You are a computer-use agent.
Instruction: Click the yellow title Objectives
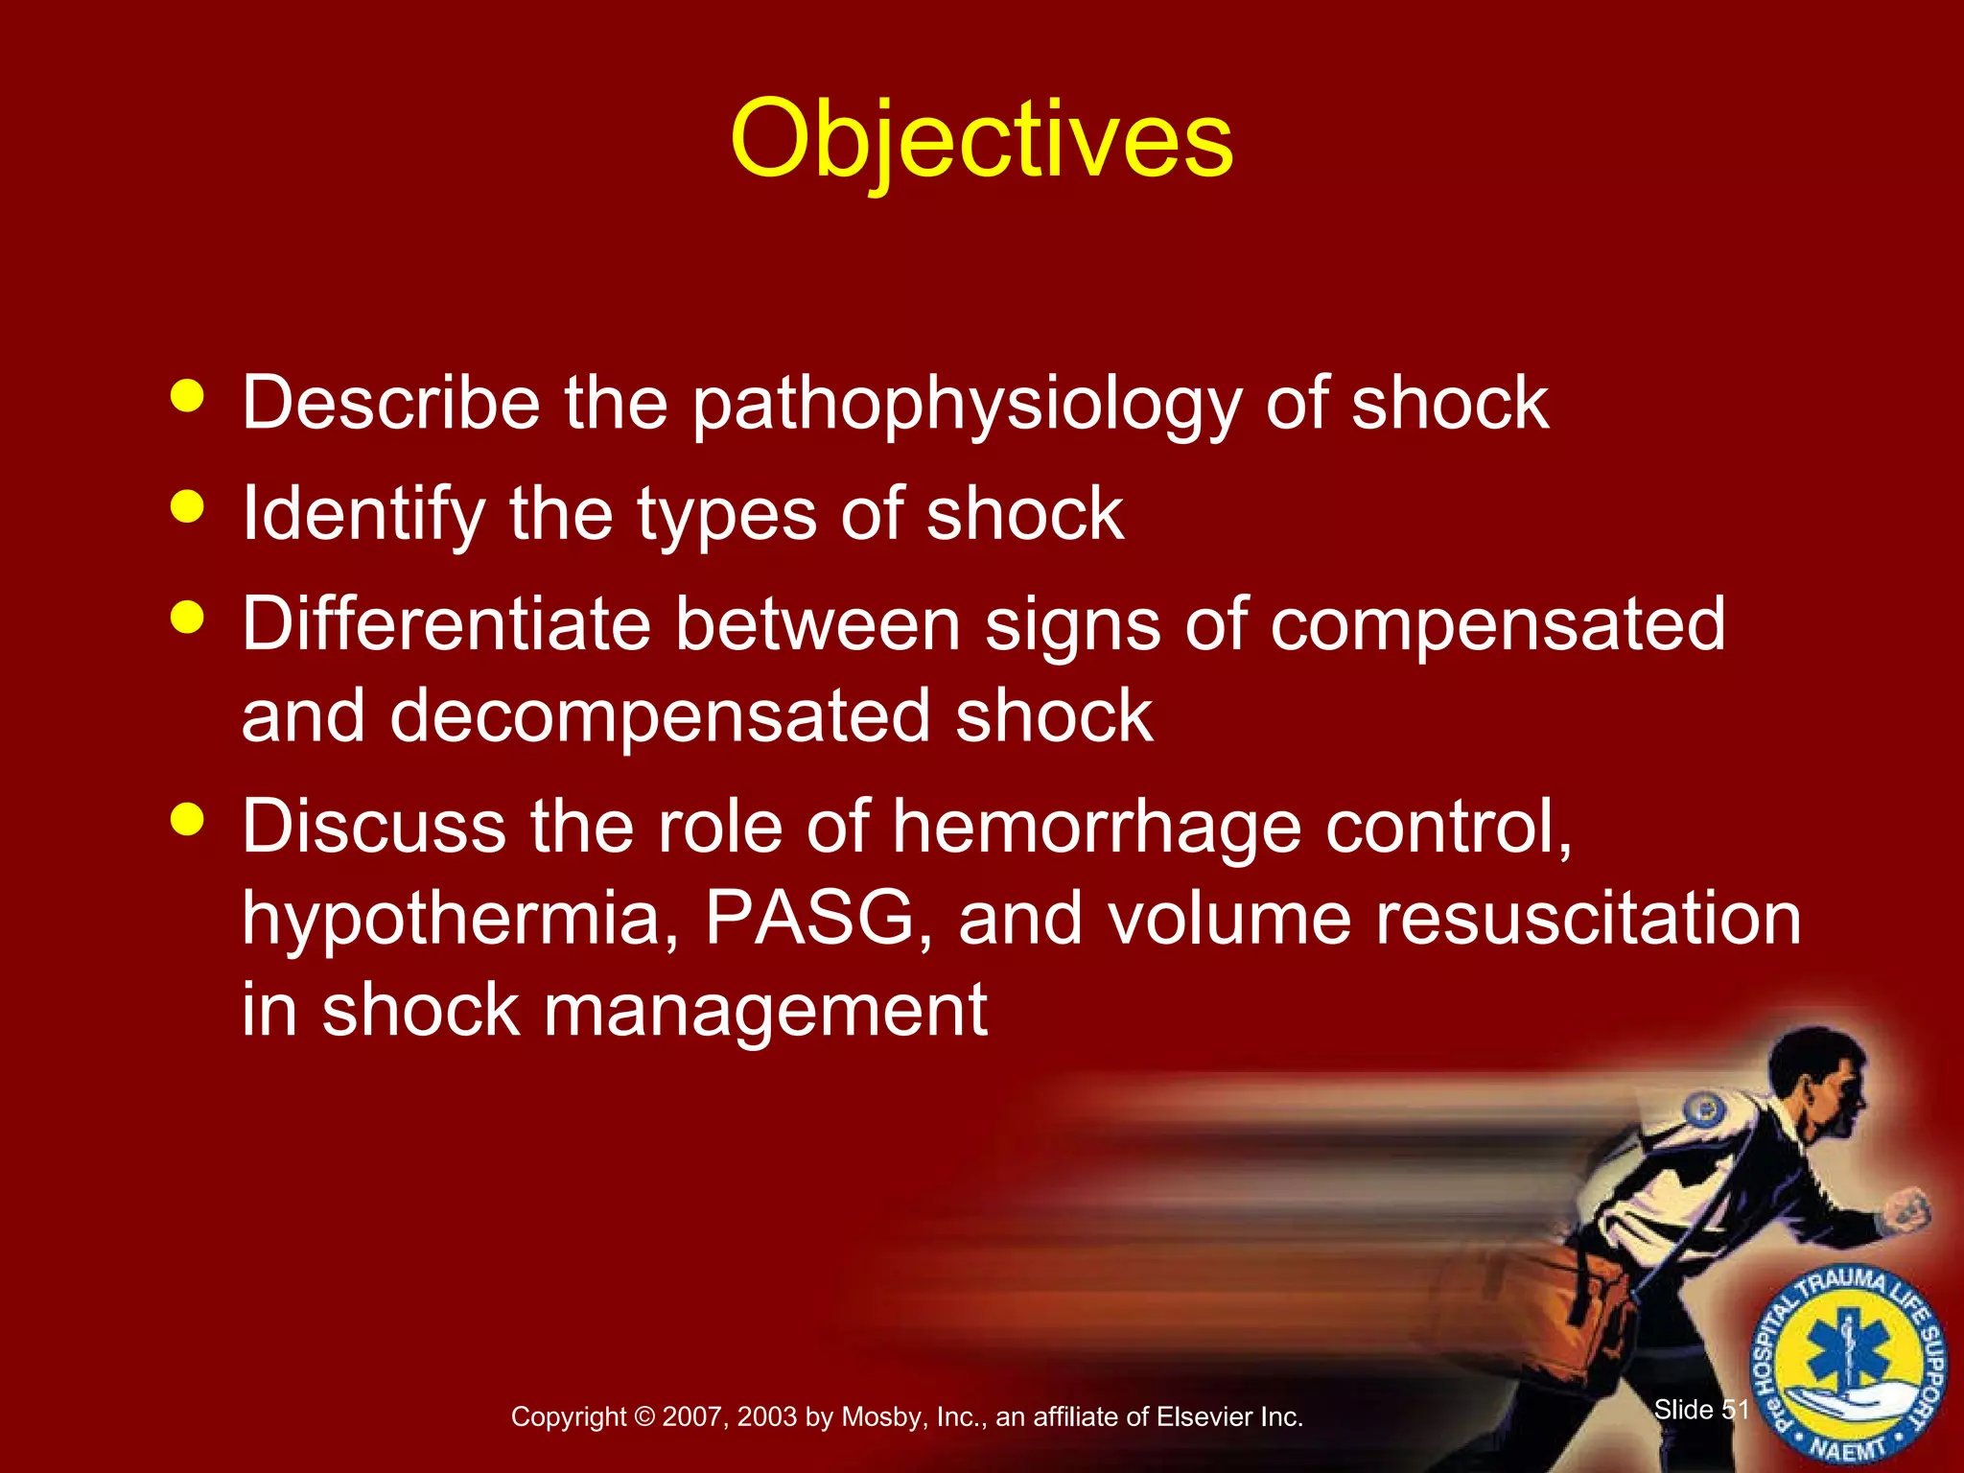981,141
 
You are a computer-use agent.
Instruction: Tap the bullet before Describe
187,395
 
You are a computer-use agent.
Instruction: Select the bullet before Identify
187,506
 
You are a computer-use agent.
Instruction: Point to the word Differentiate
446,623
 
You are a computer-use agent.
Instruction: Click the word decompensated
660,715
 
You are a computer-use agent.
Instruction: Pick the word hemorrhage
1096,827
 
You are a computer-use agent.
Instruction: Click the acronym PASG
810,918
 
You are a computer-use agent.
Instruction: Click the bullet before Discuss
187,819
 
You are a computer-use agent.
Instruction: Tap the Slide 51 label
1701,1410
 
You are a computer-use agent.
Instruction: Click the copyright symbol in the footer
644,1417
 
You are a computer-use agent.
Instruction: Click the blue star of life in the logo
1848,1357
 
